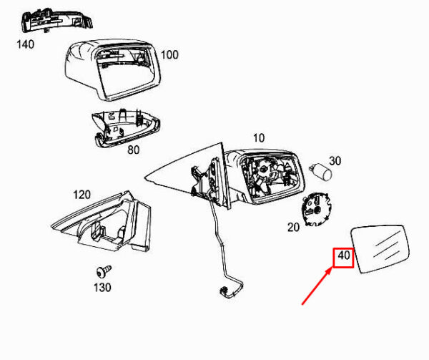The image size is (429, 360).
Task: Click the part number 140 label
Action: coord(26,44)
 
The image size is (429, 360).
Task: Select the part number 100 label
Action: coord(169,55)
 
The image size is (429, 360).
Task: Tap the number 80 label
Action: coord(134,150)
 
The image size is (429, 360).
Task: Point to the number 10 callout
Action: coord(259,138)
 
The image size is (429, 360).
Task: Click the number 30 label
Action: coord(335,161)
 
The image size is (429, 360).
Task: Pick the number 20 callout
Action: coord(294,227)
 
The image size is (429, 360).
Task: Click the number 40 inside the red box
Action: coord(344,256)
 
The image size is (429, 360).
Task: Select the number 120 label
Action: coord(82,195)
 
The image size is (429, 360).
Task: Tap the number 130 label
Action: coord(102,288)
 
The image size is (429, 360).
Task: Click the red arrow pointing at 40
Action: coord(317,286)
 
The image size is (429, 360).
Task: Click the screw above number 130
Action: coord(104,271)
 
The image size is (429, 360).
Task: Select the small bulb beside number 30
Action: coord(320,172)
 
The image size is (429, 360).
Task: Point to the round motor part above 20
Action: coord(316,209)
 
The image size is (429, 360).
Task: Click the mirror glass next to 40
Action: coord(380,248)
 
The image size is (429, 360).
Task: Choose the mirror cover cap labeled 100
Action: coord(113,69)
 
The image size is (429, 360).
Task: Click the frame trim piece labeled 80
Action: coord(126,128)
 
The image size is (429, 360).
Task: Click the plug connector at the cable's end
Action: coord(225,292)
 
